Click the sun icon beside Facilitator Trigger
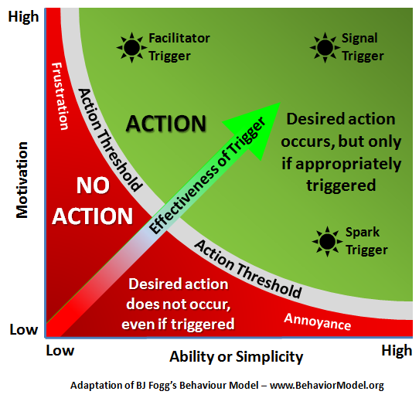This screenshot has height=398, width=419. click(x=131, y=48)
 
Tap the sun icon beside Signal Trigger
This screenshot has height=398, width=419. click(x=325, y=48)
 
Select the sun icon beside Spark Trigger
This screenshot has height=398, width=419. click(x=327, y=241)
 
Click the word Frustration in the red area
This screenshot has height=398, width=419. click(x=60, y=96)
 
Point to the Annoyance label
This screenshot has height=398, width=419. click(x=318, y=321)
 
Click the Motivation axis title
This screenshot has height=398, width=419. click(x=22, y=180)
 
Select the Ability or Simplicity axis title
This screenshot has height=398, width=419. click(x=237, y=357)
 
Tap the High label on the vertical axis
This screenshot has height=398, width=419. click(x=23, y=17)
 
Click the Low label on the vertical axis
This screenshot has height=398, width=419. click(x=24, y=329)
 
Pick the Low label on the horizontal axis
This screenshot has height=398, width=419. click(x=60, y=350)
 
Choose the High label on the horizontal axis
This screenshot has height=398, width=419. click(x=397, y=351)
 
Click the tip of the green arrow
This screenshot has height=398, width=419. click(x=280, y=103)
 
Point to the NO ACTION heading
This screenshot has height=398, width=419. click(x=93, y=201)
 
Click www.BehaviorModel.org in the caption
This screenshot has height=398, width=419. click(x=327, y=386)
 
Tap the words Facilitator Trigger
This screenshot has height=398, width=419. click(x=179, y=47)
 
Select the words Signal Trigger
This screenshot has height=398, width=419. click(x=363, y=47)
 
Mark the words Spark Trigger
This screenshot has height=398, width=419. click(x=366, y=241)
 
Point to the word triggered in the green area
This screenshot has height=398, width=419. click(x=341, y=185)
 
